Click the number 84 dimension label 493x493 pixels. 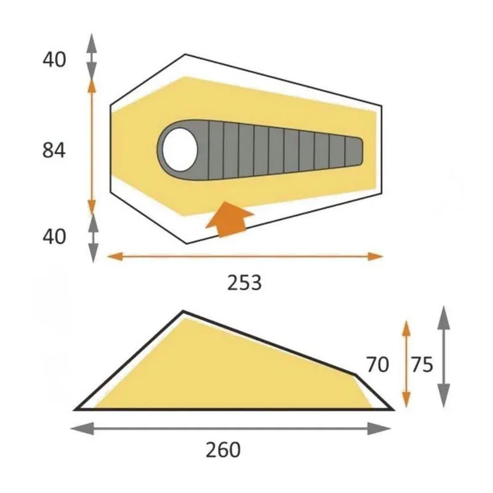click(x=54, y=150)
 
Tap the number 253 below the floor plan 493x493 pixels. click(x=245, y=283)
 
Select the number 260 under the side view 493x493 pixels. click(x=222, y=450)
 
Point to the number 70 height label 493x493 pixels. click(x=377, y=365)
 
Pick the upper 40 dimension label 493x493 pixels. click(x=54, y=60)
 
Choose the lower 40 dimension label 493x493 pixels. click(x=54, y=237)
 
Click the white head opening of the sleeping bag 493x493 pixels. click(x=181, y=146)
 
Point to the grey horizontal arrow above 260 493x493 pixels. click(x=233, y=428)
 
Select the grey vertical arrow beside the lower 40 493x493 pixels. click(x=92, y=237)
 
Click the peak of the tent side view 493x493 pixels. click(x=183, y=312)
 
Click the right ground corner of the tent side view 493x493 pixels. click(x=392, y=409)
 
